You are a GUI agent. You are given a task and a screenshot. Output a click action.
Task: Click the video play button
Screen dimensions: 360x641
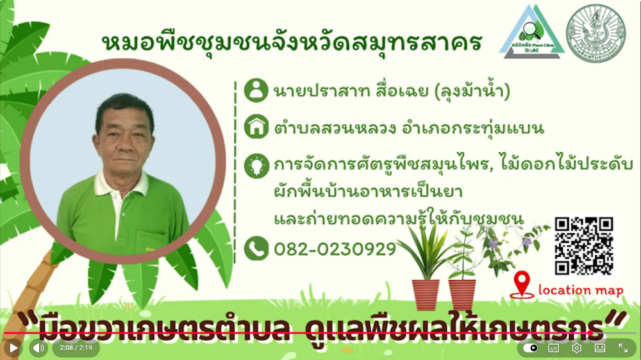coord(13,348)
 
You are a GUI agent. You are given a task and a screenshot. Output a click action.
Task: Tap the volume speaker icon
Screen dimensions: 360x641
coord(38,348)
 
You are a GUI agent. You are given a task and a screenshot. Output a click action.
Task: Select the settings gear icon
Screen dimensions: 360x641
coord(576,348)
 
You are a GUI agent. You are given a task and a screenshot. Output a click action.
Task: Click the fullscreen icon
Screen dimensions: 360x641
coord(623,348)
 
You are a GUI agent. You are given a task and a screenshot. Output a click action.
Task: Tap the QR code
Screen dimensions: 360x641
coord(583,246)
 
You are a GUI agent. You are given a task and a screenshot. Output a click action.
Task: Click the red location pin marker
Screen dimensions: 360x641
coord(523,284)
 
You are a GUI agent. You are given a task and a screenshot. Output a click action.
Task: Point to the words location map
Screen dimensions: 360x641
coord(581,290)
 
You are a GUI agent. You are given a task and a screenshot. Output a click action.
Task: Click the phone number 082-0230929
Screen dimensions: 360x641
coord(335,249)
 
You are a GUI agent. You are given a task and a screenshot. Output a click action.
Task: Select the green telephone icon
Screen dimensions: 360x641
coord(256,249)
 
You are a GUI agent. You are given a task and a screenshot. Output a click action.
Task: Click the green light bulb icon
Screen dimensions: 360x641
coord(256,166)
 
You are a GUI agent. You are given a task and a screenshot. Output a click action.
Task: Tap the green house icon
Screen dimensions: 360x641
coord(256,127)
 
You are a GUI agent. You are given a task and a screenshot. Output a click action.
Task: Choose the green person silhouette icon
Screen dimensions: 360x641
coord(256,90)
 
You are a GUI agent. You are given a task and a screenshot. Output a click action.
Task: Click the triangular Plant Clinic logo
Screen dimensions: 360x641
coord(532,32)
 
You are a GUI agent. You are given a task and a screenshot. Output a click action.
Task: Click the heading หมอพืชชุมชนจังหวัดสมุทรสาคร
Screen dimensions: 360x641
coord(292,42)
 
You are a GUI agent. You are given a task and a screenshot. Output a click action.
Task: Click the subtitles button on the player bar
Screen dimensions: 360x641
coord(554,348)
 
